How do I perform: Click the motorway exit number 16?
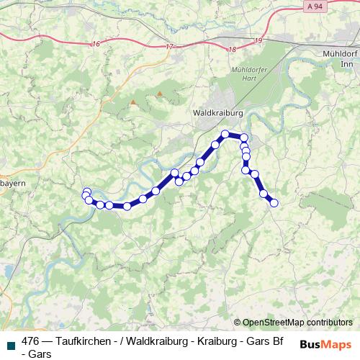point(96,44)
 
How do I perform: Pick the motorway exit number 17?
point(169,47)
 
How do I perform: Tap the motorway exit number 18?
point(230,49)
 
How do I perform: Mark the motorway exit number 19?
point(258,41)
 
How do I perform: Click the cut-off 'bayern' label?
point(13,184)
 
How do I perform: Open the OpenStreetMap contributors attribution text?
point(297,323)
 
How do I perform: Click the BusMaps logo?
point(326,343)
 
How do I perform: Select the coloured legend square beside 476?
point(9,342)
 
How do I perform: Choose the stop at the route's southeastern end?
point(274,202)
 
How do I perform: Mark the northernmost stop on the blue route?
point(225,134)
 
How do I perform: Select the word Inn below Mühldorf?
point(346,64)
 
